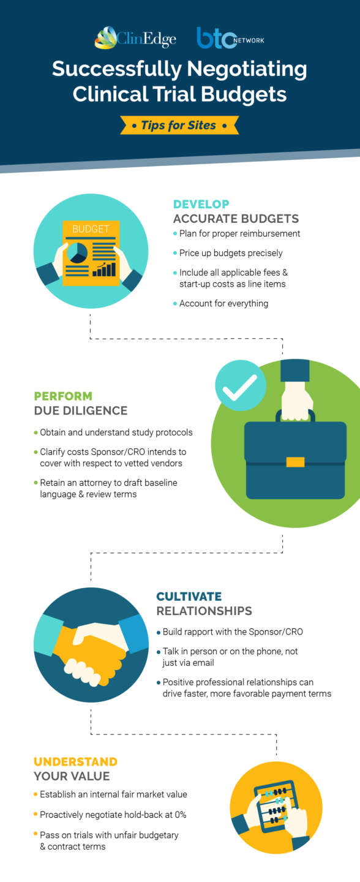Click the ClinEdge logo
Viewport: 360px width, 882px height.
(135, 38)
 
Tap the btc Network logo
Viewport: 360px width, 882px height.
(231, 38)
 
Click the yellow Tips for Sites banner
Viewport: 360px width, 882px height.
(179, 125)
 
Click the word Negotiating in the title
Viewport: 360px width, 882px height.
(247, 69)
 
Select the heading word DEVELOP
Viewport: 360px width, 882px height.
(201, 204)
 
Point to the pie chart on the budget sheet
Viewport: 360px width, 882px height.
(77, 252)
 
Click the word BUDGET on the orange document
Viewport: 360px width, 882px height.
(91, 229)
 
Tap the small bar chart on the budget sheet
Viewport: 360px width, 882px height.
(104, 269)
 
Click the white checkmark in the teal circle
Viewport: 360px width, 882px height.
(239, 387)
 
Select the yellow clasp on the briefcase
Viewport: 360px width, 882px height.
(295, 461)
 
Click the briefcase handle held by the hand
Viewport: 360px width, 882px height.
(295, 415)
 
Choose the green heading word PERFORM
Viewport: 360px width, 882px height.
(63, 396)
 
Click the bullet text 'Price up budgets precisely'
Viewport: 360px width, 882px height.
(231, 253)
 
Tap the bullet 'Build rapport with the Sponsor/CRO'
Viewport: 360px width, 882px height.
(233, 631)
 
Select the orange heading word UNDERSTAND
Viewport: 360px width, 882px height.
(75, 761)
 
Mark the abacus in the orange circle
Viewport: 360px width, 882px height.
(275, 805)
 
